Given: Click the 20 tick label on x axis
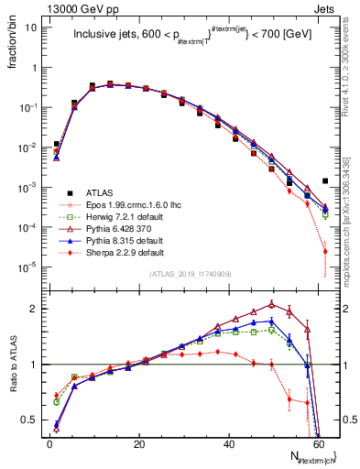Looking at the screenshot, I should click(x=139, y=444).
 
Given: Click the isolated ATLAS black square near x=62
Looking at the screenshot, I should click(x=325, y=180).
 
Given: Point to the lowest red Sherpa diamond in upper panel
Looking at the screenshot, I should click(x=325, y=251).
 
